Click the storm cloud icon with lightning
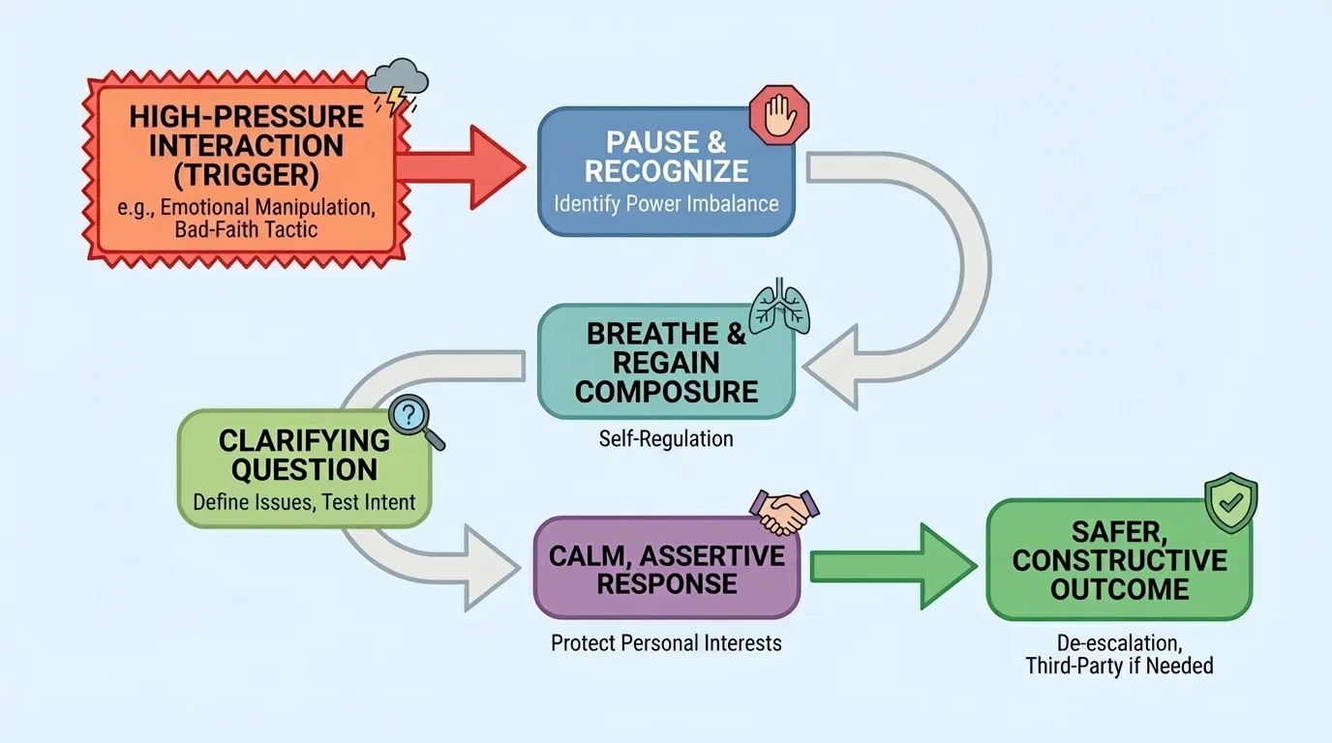click(397, 84)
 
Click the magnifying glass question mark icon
click(415, 422)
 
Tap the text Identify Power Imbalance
click(666, 204)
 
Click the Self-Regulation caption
click(666, 439)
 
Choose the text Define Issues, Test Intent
click(304, 502)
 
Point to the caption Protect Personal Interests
click(666, 642)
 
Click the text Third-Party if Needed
click(1119, 666)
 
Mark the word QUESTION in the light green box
click(304, 470)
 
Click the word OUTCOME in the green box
click(1119, 588)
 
